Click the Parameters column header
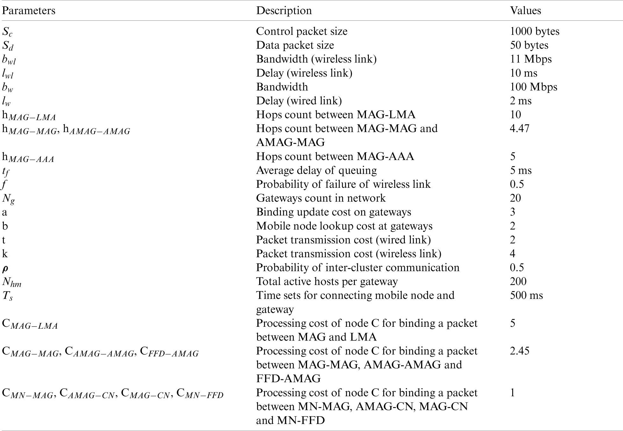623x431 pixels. (29, 11)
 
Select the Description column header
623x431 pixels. (284, 11)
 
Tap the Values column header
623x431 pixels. (525, 11)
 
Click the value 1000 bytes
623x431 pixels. (534, 31)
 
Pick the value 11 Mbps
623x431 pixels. (531, 59)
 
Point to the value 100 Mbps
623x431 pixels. (533, 87)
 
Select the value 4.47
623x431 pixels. (519, 128)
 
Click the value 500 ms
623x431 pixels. (526, 295)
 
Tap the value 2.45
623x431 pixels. (519, 351)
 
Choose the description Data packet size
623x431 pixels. (295, 45)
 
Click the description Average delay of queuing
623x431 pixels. (316, 170)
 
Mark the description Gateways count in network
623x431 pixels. (321, 198)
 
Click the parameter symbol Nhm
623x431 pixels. (12, 282)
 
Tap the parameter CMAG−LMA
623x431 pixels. (30, 324)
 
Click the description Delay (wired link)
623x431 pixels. (299, 101)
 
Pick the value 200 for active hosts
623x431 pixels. (518, 281)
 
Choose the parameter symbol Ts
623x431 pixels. (8, 296)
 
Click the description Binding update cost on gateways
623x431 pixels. (333, 212)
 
